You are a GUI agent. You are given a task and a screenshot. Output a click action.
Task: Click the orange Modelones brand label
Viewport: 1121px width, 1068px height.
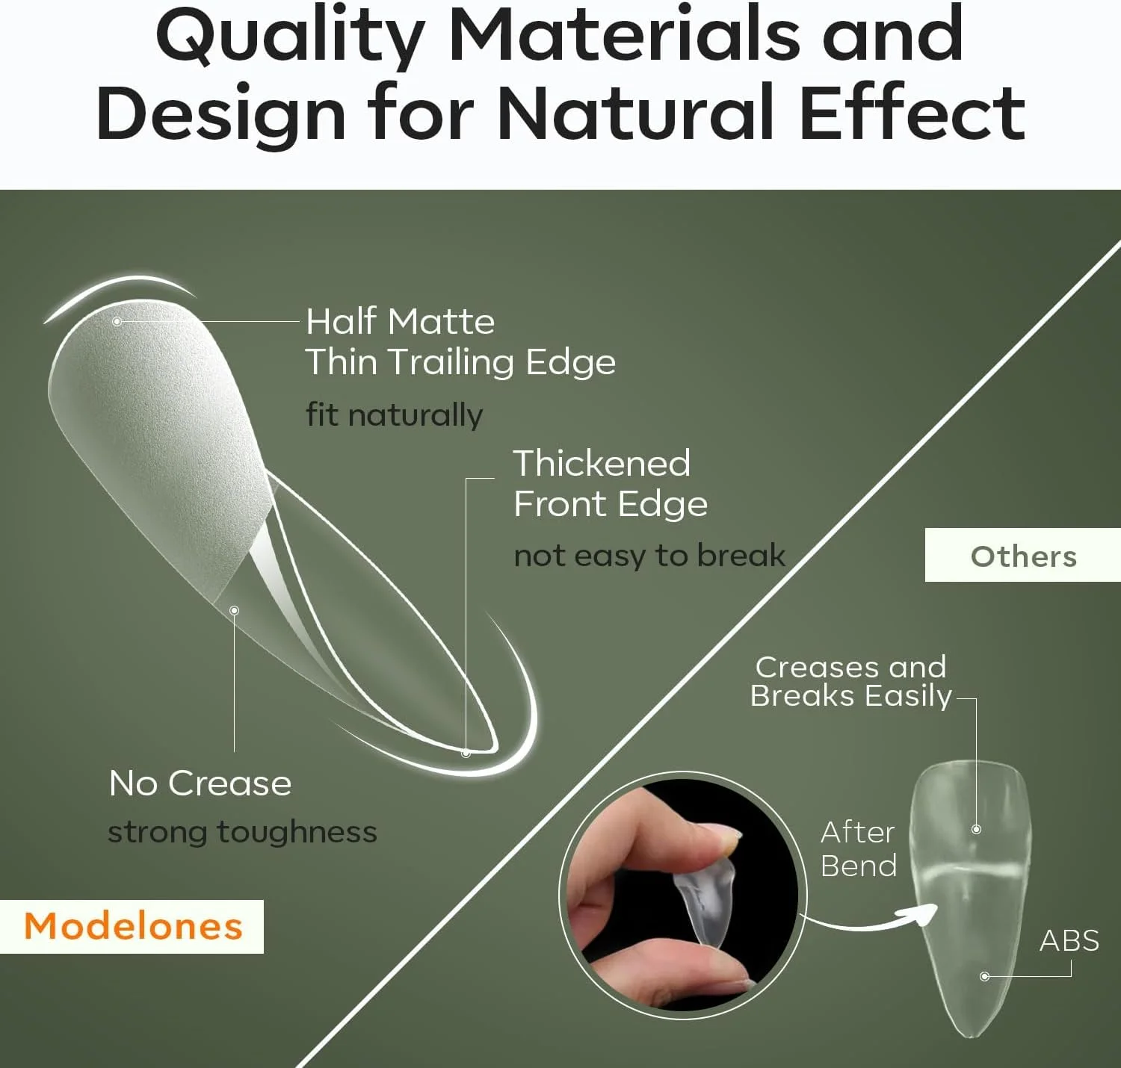[134, 926]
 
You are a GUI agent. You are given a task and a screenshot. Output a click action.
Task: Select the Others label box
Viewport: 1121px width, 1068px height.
[1023, 556]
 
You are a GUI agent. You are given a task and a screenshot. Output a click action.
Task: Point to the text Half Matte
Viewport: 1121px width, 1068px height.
[401, 321]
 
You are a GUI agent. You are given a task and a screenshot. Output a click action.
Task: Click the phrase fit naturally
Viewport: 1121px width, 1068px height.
[394, 415]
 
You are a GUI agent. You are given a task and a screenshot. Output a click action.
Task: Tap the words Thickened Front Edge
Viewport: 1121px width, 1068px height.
[610, 483]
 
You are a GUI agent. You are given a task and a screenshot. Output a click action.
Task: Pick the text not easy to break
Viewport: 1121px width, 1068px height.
[649, 556]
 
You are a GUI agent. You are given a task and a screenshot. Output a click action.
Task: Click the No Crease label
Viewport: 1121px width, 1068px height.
[200, 783]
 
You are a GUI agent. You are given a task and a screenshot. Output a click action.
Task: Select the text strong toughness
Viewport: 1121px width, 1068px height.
[242, 832]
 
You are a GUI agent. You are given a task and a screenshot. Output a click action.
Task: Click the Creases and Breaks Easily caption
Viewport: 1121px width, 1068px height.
[850, 682]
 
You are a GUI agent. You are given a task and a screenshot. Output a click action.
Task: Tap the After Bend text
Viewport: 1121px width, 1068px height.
[858, 849]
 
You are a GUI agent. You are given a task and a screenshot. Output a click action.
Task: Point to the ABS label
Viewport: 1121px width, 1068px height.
[1069, 940]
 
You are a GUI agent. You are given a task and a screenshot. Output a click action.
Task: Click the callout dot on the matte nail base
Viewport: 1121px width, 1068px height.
[117, 321]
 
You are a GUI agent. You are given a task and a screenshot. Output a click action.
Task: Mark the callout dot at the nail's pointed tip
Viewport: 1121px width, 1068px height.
[466, 754]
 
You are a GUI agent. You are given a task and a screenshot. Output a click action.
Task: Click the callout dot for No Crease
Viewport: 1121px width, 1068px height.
[235, 610]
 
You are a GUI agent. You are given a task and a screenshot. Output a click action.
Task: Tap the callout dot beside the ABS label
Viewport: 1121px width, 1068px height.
[984, 976]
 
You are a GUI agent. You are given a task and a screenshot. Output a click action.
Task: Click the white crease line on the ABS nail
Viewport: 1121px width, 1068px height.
[969, 870]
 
